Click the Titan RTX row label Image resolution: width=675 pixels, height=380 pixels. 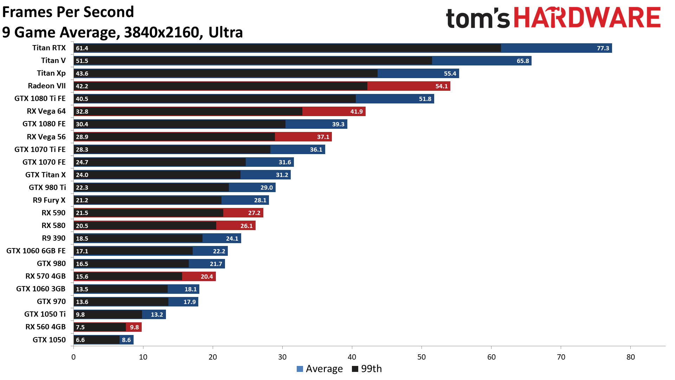click(x=49, y=48)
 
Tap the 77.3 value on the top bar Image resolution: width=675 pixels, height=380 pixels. click(x=603, y=48)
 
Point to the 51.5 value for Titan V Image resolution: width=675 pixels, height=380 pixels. click(x=82, y=61)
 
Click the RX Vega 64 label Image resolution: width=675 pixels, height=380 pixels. click(x=46, y=111)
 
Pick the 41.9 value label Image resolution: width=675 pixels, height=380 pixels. click(x=356, y=112)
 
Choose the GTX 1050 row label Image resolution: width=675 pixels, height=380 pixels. click(x=49, y=340)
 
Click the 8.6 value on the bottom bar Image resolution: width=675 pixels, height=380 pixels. click(x=126, y=340)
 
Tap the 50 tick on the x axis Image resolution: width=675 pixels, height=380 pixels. click(x=421, y=357)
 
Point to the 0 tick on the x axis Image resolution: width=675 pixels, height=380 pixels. click(x=73, y=357)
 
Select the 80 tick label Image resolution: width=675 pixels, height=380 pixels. click(x=630, y=357)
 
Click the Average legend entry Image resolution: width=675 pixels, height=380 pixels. click(x=320, y=369)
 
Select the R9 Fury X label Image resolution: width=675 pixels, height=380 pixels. click(x=49, y=200)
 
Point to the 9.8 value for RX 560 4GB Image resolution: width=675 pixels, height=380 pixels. click(x=134, y=327)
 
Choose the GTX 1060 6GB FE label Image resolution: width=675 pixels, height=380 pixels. click(x=36, y=251)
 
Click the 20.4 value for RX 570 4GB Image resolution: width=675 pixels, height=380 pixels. click(x=207, y=277)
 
